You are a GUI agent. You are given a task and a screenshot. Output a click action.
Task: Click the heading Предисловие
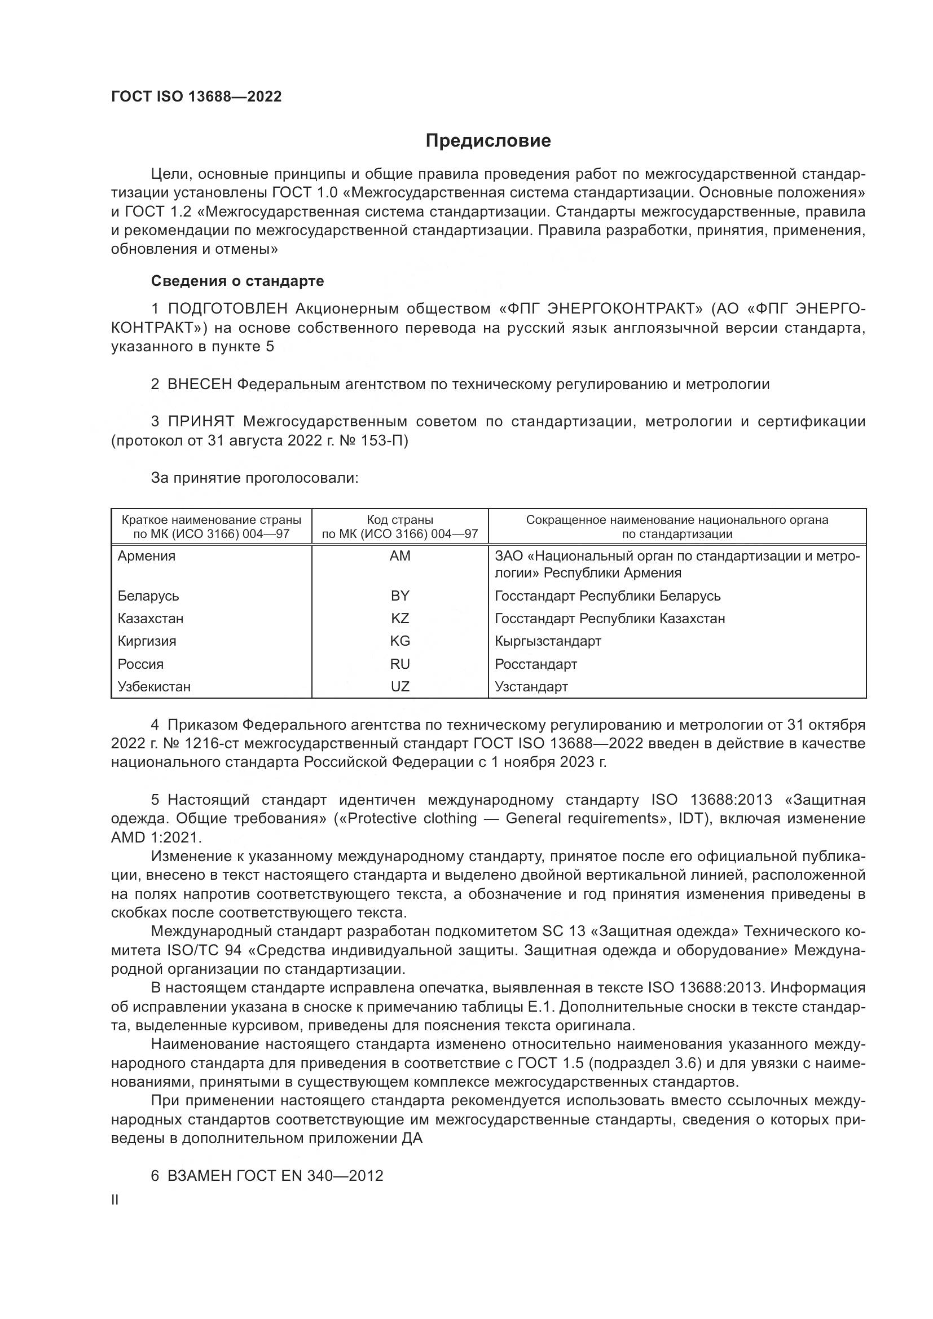pos(488,141)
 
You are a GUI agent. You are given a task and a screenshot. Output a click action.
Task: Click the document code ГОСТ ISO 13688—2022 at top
pos(196,96)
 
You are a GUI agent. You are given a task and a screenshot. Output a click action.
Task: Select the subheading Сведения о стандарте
pos(237,281)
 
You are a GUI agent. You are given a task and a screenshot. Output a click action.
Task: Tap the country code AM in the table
pos(400,556)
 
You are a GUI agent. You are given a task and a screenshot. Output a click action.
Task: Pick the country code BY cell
pos(400,595)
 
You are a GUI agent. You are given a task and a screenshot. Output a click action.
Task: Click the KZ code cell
pos(400,619)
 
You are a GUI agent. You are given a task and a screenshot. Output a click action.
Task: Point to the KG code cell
pos(400,641)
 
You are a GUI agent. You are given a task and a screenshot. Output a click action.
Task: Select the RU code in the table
pos(400,664)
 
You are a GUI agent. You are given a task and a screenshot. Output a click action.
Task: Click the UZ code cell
pos(400,686)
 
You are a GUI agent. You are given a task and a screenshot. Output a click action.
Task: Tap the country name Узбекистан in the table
pos(154,686)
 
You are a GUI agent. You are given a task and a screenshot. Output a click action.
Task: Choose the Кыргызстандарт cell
pos(548,641)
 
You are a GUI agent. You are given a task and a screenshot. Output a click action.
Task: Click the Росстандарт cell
pos(535,664)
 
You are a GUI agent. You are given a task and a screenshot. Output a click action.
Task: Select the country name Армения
pos(147,556)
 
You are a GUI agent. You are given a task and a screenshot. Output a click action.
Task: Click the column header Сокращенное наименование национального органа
pos(677,527)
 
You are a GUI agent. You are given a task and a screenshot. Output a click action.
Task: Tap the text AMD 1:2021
pos(156,837)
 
